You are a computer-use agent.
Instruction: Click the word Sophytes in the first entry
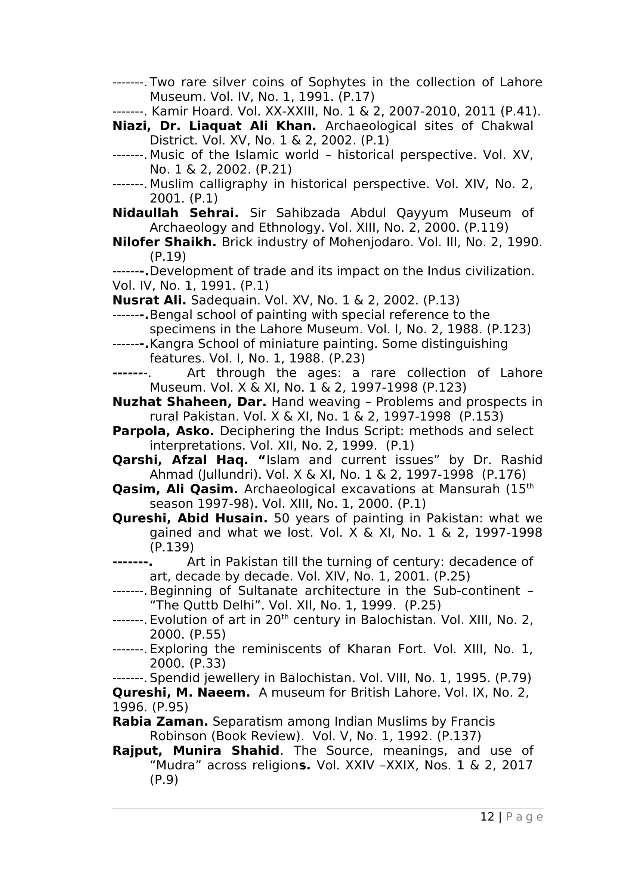[x=337, y=82]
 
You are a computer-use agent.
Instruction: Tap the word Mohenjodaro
[x=371, y=242]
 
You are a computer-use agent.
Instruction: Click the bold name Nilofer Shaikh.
[x=164, y=242]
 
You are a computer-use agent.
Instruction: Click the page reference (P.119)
[x=486, y=228]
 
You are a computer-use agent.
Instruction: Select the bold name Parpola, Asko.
[x=163, y=431]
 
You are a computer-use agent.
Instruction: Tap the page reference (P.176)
[x=504, y=475]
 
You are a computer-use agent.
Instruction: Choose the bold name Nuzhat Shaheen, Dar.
[x=189, y=402]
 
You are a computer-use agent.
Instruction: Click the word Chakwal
[x=507, y=126]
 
